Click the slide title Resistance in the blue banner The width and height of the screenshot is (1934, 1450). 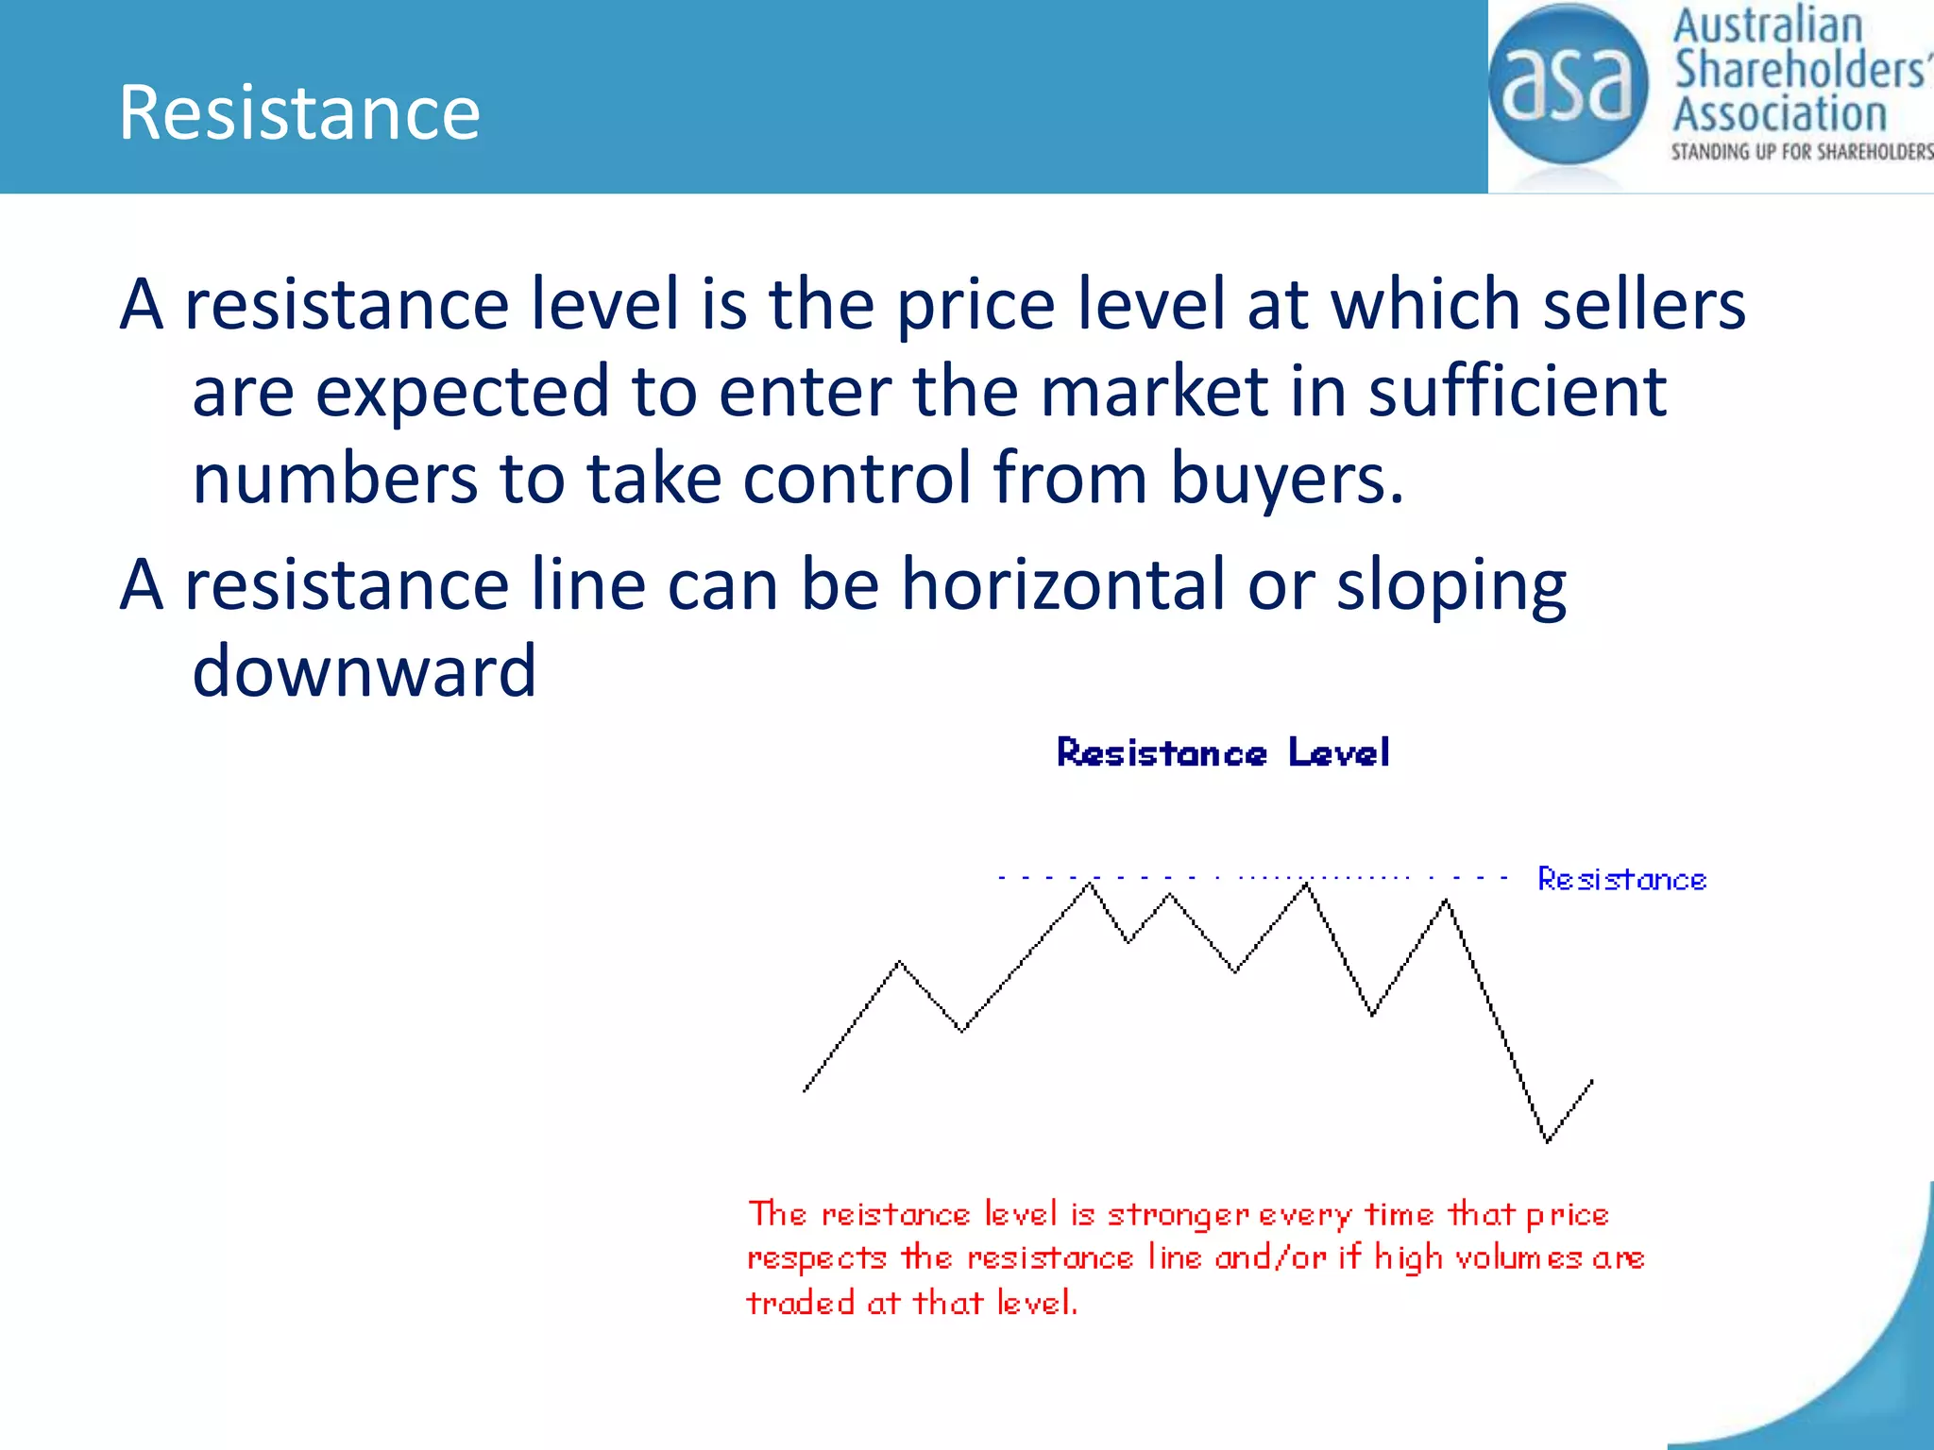tap(299, 113)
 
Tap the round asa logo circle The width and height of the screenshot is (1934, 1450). tap(1568, 85)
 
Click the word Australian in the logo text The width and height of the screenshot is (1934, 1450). tap(1768, 26)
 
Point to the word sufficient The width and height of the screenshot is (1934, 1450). tap(1518, 392)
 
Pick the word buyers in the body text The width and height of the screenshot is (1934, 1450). tap(1287, 479)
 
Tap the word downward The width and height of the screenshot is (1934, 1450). tap(365, 671)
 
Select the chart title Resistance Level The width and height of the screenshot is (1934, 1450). tap(1223, 753)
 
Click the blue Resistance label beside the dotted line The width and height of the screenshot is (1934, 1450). tap(1621, 880)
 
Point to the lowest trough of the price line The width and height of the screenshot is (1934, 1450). tap(1547, 1141)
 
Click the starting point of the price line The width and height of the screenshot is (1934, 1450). tap(805, 1091)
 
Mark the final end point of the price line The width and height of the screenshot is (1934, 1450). tap(1592, 1081)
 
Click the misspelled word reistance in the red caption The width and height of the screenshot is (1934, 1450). tap(895, 1215)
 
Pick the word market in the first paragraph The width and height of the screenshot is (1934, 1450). tap(1154, 392)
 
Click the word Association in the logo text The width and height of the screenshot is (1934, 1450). tap(1780, 114)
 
